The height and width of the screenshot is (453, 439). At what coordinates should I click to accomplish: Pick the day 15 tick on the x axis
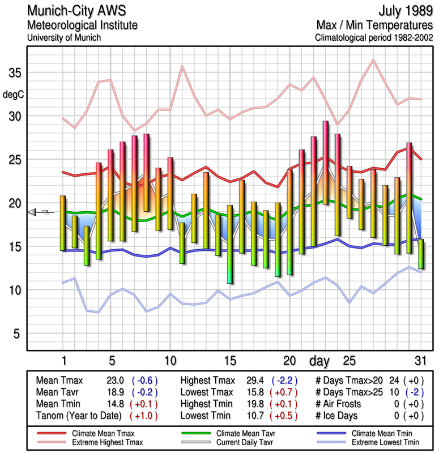229,361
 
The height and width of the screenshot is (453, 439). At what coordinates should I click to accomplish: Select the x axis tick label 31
420,361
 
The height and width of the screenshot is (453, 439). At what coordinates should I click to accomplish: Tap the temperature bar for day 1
63,223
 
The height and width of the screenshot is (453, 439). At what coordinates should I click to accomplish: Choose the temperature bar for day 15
229,244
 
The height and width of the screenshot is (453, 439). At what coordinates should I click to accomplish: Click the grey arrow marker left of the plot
34,212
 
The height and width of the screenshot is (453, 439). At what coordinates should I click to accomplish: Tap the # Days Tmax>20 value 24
394,381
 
